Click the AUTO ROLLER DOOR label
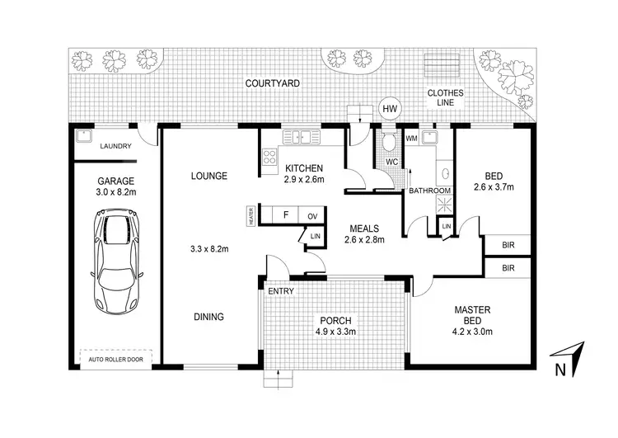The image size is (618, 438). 115,359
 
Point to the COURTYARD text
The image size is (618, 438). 271,83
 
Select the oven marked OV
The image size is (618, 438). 312,216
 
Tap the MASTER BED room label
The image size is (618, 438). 472,316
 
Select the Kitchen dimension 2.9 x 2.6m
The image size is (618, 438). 304,179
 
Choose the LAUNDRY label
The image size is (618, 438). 115,147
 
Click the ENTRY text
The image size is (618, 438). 280,291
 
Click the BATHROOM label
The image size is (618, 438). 430,191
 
